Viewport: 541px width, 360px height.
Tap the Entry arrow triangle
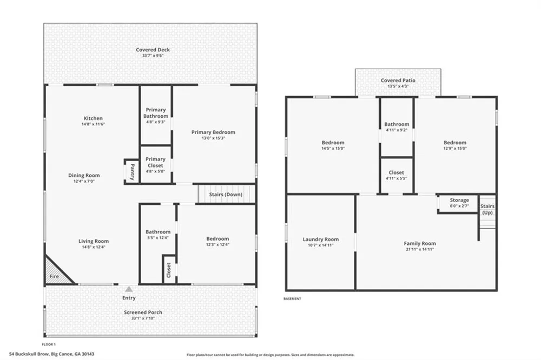point(129,289)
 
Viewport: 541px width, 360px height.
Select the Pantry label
point(132,172)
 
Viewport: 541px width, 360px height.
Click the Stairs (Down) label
point(226,195)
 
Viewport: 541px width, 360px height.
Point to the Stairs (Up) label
point(487,209)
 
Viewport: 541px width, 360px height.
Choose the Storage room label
point(459,200)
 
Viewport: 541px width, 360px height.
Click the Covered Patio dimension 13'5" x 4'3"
point(398,86)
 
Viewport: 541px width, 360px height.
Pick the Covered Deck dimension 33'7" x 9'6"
point(153,56)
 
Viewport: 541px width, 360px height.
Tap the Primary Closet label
point(155,162)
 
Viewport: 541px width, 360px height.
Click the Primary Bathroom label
point(156,113)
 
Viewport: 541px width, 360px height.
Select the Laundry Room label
point(320,239)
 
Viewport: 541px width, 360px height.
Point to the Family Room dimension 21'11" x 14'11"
point(420,249)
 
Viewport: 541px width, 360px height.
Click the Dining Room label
point(84,175)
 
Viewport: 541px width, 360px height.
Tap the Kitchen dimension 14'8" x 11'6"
point(93,124)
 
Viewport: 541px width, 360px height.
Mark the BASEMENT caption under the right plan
point(292,298)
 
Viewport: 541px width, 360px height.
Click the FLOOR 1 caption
point(49,344)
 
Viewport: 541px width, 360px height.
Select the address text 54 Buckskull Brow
point(29,354)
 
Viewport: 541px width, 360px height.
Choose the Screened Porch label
point(143,312)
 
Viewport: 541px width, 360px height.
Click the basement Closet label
point(396,172)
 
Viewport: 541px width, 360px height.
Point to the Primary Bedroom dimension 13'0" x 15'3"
point(213,138)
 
